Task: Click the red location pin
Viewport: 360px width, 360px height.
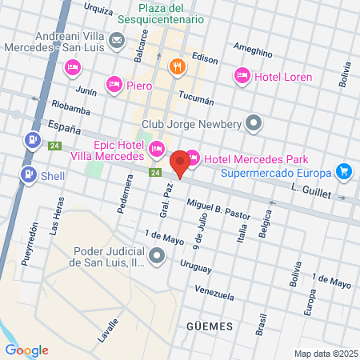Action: (x=180, y=163)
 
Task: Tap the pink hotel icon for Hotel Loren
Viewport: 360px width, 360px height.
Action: (x=242, y=76)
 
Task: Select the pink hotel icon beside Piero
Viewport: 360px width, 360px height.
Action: (x=114, y=83)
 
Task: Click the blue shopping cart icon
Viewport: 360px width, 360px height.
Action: (x=344, y=172)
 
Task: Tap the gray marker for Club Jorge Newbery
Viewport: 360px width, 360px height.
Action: (x=254, y=123)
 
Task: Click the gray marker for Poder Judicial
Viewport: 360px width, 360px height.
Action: (x=156, y=256)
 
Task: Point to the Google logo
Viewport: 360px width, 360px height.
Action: (x=26, y=350)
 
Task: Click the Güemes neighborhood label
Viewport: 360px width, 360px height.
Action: (x=209, y=326)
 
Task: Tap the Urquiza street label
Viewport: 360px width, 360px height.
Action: (x=98, y=10)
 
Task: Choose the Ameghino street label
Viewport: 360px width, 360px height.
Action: (x=254, y=50)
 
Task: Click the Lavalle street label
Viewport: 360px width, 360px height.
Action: (x=107, y=330)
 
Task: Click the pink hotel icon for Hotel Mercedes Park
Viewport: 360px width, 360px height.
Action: (x=192, y=158)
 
